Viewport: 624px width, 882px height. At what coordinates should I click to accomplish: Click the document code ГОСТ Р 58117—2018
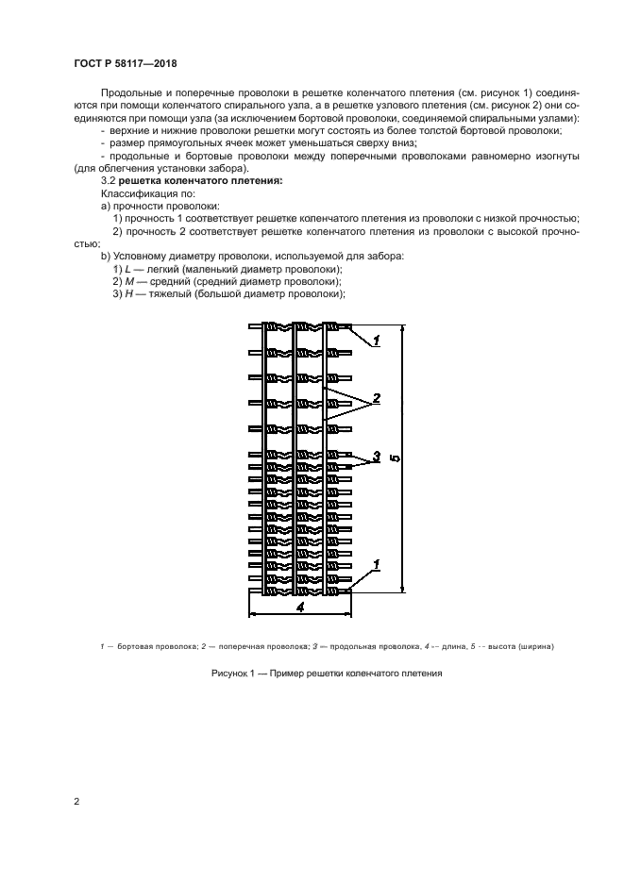click(x=125, y=63)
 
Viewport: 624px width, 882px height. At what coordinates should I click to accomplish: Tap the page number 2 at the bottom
click(x=76, y=801)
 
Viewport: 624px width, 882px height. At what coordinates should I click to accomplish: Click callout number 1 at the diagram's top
click(x=376, y=340)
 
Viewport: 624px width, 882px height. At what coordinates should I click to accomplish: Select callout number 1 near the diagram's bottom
click(x=376, y=564)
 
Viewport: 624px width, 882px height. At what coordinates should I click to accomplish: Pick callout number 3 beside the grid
click(x=375, y=457)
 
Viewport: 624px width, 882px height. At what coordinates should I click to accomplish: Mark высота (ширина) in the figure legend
click(x=517, y=646)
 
